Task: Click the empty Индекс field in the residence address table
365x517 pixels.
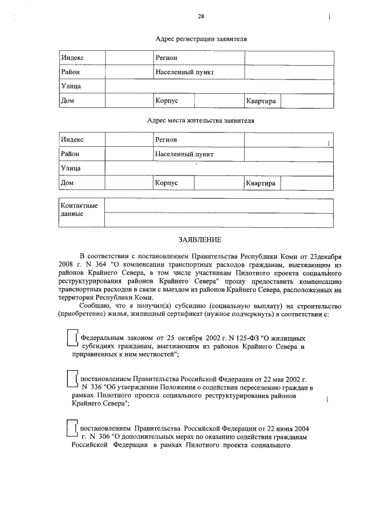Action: click(128, 140)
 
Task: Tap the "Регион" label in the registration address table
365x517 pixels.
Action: click(166, 58)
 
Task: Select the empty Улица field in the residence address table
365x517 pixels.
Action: click(219, 169)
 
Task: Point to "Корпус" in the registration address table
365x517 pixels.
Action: click(167, 101)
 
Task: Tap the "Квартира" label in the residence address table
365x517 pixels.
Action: click(261, 183)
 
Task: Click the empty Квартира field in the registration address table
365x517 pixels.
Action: click(307, 101)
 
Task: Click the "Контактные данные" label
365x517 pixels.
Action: click(79, 210)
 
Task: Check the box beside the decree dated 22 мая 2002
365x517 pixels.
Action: click(72, 379)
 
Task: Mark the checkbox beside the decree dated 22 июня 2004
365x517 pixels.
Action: click(72, 428)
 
